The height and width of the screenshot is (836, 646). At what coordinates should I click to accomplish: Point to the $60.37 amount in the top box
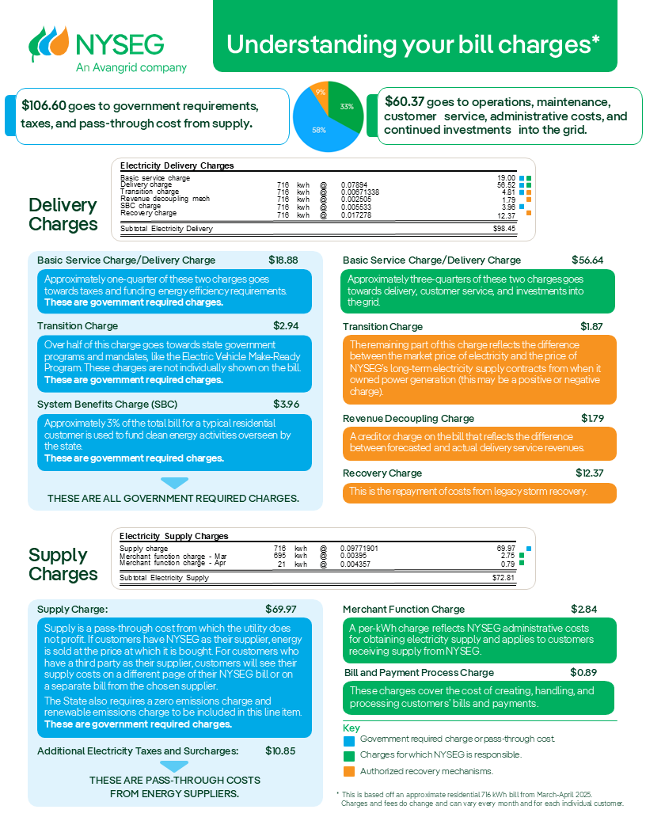click(404, 102)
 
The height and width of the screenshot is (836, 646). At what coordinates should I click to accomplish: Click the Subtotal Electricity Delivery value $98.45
click(503, 228)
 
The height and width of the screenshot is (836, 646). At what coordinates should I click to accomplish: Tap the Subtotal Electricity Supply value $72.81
click(503, 578)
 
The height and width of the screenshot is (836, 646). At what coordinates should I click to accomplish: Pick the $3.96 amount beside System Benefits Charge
click(287, 405)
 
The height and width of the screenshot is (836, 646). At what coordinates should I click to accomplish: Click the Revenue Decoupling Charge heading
click(408, 418)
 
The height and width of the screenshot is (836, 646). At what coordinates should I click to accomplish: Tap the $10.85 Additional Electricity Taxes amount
click(280, 750)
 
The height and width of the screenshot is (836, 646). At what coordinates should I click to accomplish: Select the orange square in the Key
click(349, 772)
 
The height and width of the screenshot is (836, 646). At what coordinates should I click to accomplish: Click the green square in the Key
click(349, 756)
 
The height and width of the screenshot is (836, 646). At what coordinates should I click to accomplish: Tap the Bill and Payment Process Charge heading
click(419, 673)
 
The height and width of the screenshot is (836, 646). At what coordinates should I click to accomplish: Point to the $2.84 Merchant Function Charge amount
click(584, 609)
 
